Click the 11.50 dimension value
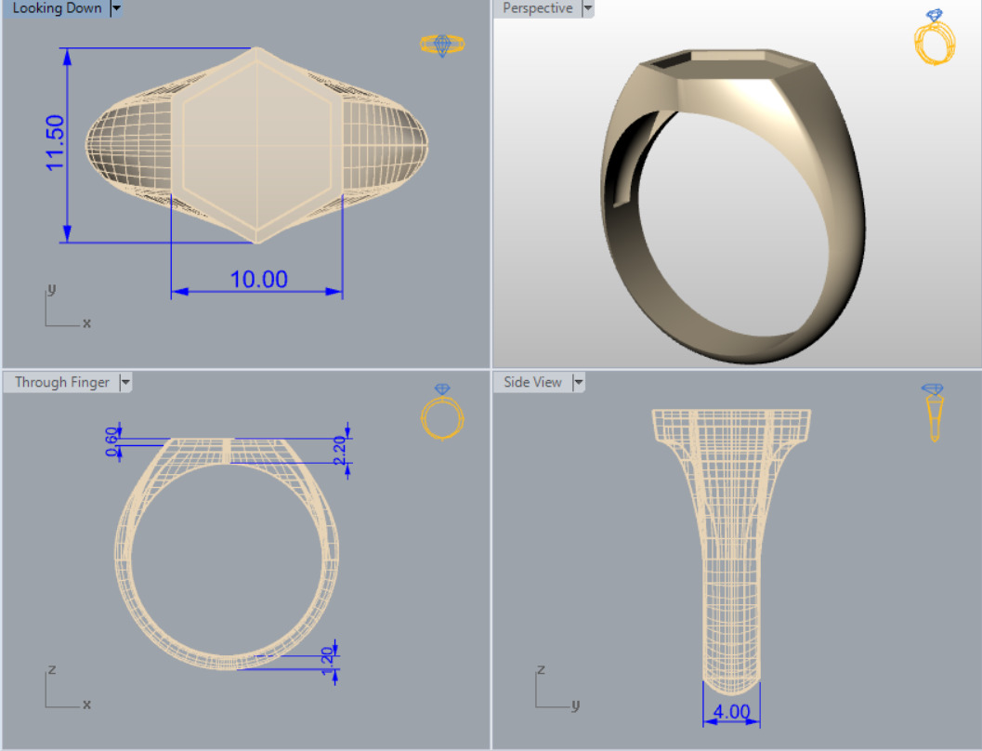coord(55,142)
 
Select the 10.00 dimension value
coord(259,279)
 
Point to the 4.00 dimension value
coord(732,712)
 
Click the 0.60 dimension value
coord(112,442)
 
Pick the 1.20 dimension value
coord(327,661)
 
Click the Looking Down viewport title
coord(57,8)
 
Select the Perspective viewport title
coord(538,8)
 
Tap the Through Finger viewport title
coord(62,382)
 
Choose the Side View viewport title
coord(533,382)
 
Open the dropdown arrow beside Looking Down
coord(116,8)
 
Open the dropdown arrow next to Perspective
coord(587,8)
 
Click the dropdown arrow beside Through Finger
coord(125,382)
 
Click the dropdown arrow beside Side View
coord(580,382)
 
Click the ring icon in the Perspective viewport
coord(935,38)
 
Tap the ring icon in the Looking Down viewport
coord(442,44)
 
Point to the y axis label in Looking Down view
coord(51,290)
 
